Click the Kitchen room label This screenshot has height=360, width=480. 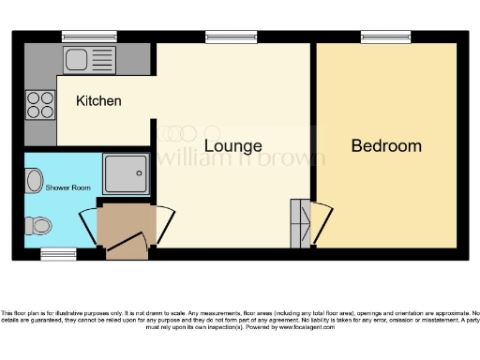[98, 100]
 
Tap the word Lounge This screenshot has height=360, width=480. [232, 146]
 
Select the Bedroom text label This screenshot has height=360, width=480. [386, 146]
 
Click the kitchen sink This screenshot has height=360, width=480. [88, 59]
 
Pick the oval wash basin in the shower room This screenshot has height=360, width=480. [35, 179]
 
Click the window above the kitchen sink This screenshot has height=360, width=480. [88, 37]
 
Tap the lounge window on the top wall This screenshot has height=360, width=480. [232, 37]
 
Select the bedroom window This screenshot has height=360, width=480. [386, 37]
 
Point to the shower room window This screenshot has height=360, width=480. [58, 254]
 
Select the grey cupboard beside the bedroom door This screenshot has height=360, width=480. [300, 222]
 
